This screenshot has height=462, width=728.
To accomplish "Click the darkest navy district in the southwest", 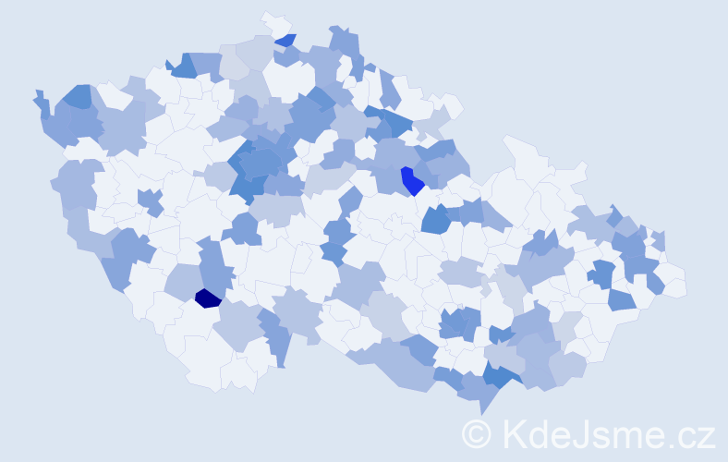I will (x=208, y=298).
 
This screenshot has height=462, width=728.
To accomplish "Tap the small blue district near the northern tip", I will (x=285, y=40).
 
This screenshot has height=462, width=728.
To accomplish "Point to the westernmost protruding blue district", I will (x=42, y=102).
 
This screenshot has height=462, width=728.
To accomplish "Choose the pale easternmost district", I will (x=675, y=283).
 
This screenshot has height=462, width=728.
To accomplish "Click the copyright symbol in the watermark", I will (x=478, y=433).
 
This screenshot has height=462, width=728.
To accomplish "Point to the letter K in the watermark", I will (x=513, y=433).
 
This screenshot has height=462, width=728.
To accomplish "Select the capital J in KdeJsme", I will (x=578, y=433).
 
